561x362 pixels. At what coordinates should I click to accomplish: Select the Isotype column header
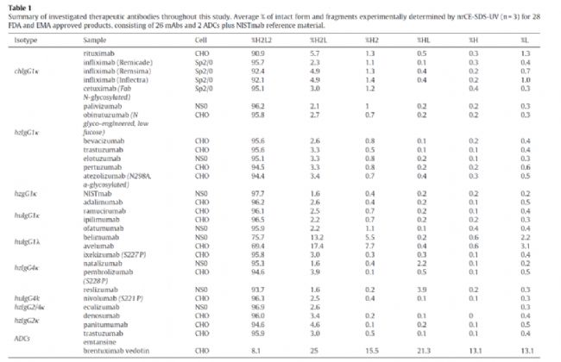pos(16,40)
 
